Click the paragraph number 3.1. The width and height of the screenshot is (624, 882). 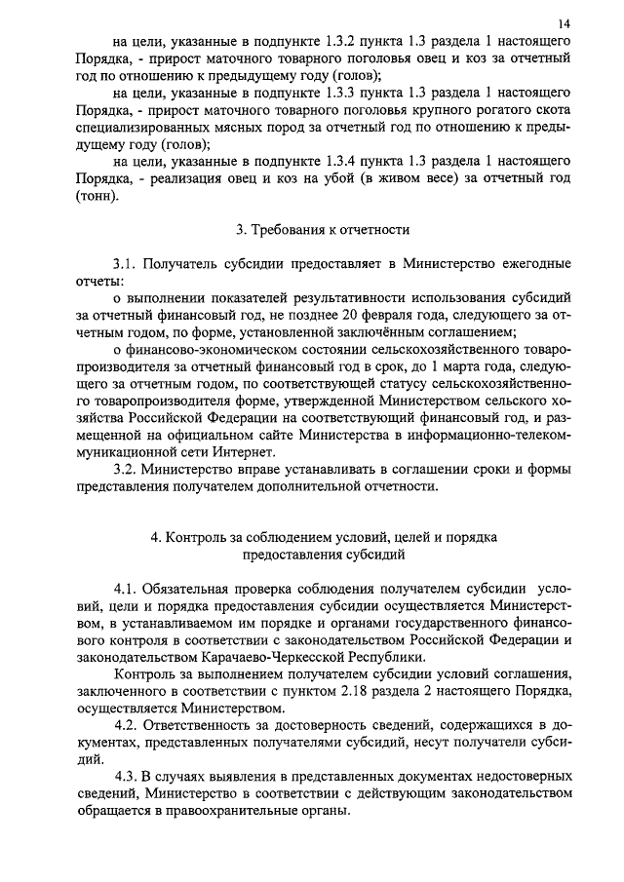click(127, 264)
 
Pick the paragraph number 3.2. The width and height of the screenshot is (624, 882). click(127, 469)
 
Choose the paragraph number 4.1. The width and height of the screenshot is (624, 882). click(127, 590)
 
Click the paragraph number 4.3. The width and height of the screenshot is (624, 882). click(127, 777)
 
